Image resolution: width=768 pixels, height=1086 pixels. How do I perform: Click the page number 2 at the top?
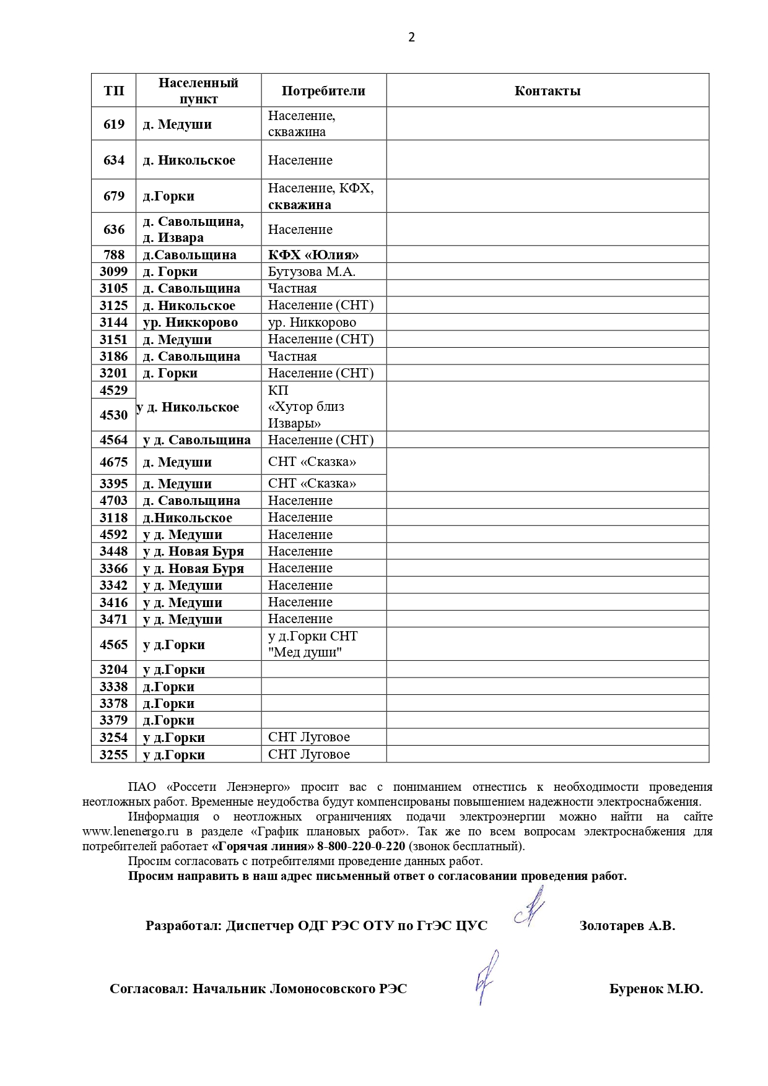412,37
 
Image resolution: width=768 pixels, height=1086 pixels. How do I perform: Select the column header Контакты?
548,91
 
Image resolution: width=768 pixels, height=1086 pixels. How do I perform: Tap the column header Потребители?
323,91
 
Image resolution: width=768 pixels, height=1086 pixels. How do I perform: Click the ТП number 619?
114,124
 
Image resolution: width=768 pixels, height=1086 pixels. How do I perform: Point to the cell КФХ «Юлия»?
313,255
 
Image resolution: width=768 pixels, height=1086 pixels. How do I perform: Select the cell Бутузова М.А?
312,272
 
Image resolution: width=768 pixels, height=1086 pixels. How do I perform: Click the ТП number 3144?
114,322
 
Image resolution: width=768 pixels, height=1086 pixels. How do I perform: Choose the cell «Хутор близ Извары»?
306,415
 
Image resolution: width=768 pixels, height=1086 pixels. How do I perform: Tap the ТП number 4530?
114,415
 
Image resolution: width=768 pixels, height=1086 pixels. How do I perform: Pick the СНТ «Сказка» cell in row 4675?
312,462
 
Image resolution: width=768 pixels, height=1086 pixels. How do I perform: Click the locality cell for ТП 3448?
193,551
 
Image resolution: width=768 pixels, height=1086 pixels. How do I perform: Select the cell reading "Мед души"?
305,652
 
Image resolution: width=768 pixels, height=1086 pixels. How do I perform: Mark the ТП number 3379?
114,720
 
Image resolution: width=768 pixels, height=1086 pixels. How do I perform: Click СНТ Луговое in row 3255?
309,754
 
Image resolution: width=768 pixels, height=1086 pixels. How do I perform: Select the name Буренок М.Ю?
656,989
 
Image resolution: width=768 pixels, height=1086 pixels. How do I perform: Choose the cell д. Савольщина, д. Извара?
193,230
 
